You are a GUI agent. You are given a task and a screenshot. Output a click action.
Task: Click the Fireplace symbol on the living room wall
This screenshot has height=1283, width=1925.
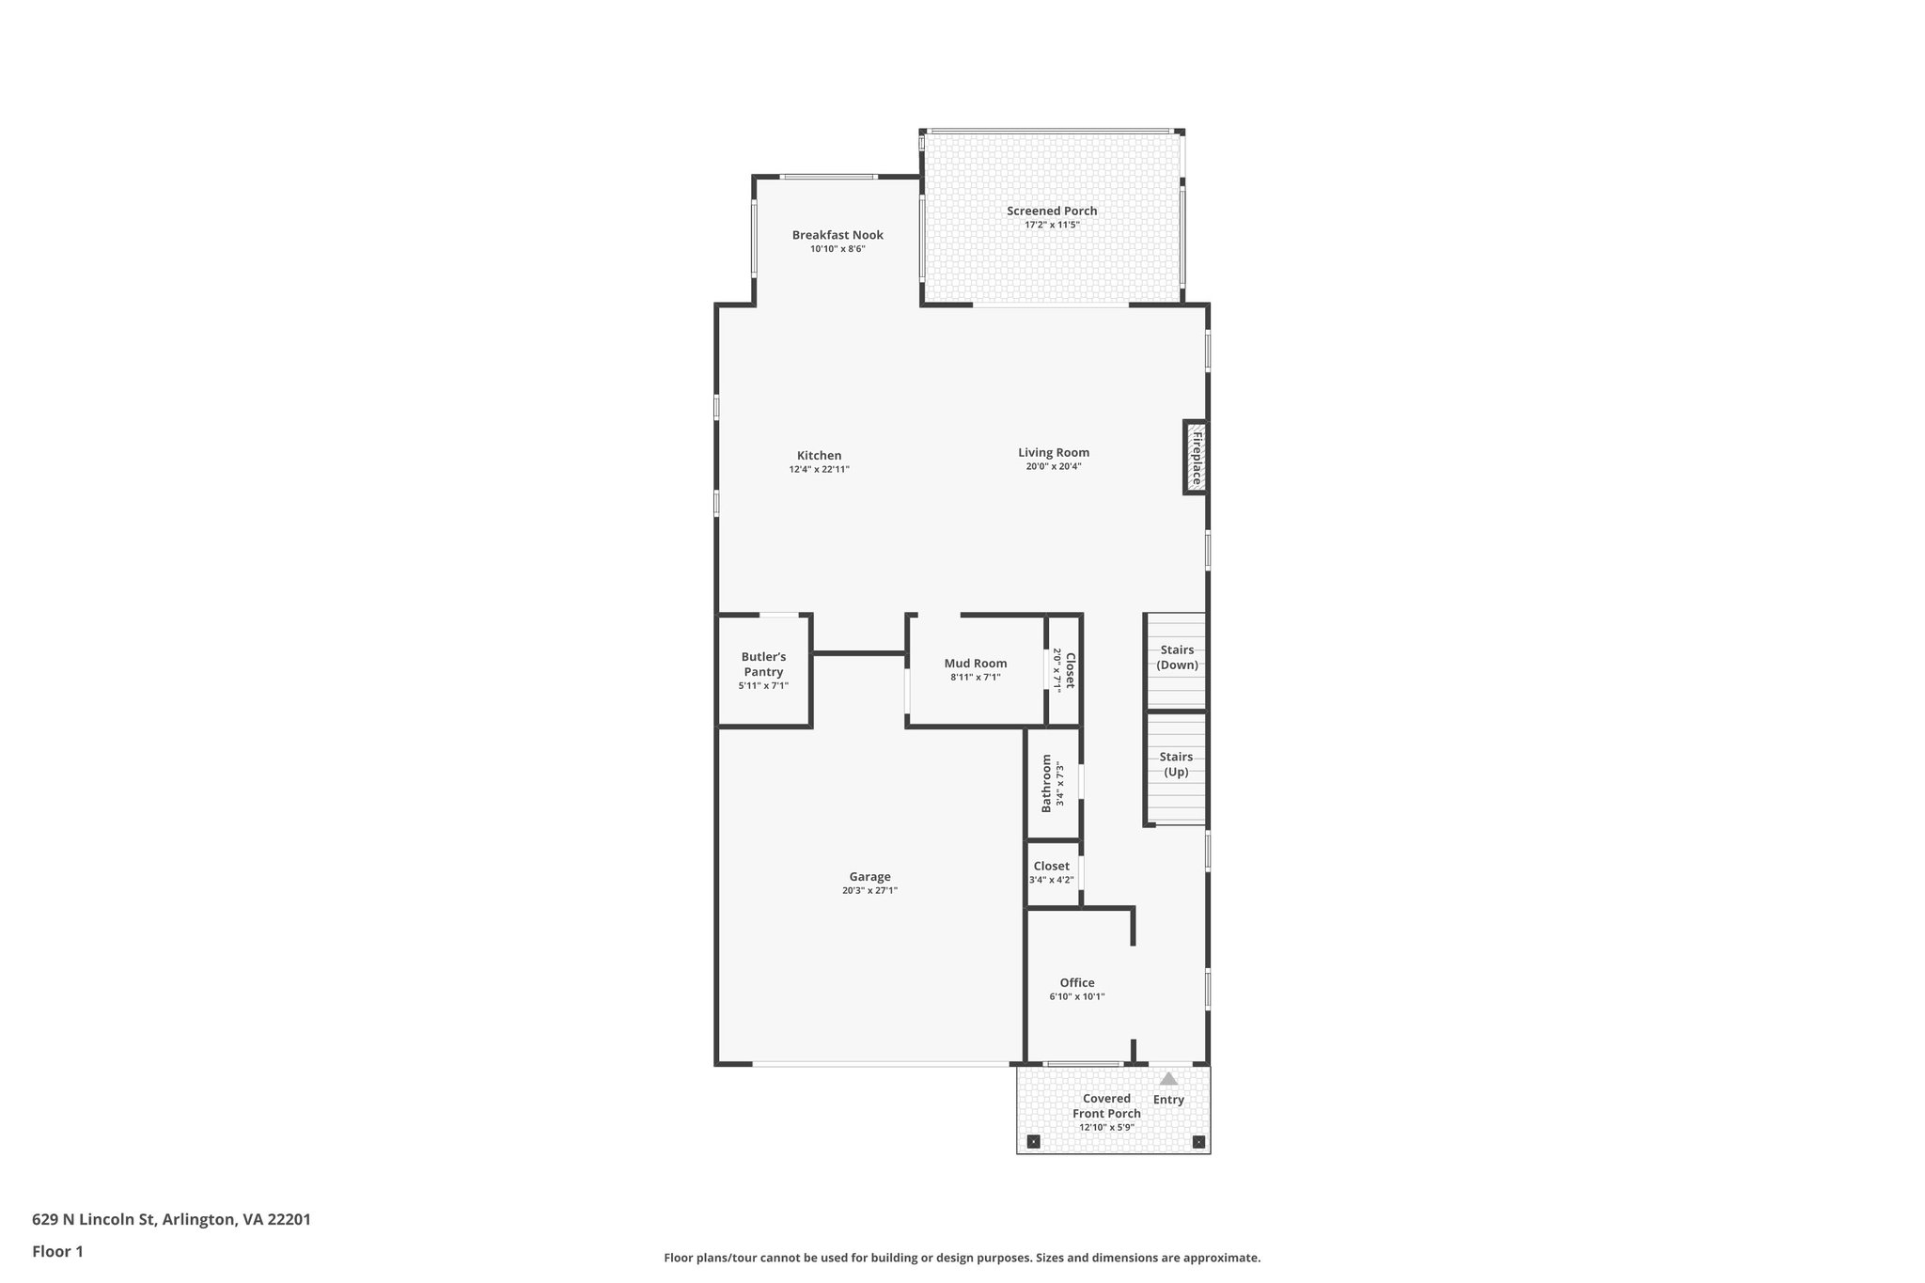point(1195,457)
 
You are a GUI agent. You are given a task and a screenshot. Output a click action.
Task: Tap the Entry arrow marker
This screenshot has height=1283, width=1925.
point(1168,1079)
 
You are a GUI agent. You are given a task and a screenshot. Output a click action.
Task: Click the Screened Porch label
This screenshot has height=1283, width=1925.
point(1052,211)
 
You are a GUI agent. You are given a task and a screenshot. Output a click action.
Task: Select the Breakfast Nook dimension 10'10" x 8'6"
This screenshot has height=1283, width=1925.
point(837,249)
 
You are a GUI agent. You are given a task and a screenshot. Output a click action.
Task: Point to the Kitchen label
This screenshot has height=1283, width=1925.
point(819,456)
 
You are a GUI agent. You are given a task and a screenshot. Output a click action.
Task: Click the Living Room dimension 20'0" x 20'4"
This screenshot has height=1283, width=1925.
point(1054,466)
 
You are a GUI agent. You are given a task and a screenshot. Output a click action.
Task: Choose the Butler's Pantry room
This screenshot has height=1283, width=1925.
point(763,669)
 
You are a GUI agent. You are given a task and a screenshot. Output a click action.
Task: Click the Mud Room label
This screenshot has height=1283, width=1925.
point(976,664)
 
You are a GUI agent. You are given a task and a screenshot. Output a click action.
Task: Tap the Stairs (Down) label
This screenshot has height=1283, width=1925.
point(1177,657)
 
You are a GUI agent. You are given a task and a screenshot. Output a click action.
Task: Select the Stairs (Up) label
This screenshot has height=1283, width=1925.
point(1176,764)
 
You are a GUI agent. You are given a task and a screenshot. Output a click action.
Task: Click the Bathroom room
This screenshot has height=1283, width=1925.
point(1052,783)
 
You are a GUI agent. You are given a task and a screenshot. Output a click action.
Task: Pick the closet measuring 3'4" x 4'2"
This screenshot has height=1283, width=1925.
point(1052,872)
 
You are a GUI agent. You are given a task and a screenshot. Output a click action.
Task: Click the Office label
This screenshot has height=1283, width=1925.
point(1077,983)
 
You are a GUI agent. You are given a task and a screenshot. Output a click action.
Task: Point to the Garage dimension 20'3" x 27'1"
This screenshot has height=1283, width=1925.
point(869,890)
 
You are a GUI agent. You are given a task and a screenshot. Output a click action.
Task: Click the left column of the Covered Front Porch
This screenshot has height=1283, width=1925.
point(1034,1142)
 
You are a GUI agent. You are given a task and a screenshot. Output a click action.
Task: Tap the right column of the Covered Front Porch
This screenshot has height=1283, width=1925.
point(1198,1142)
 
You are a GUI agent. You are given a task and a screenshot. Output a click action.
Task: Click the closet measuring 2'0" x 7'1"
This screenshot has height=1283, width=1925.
point(1064,670)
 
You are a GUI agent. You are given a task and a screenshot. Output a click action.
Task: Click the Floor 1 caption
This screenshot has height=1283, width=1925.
point(57,1251)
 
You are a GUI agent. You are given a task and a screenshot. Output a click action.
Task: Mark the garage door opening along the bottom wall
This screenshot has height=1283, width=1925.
point(881,1064)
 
